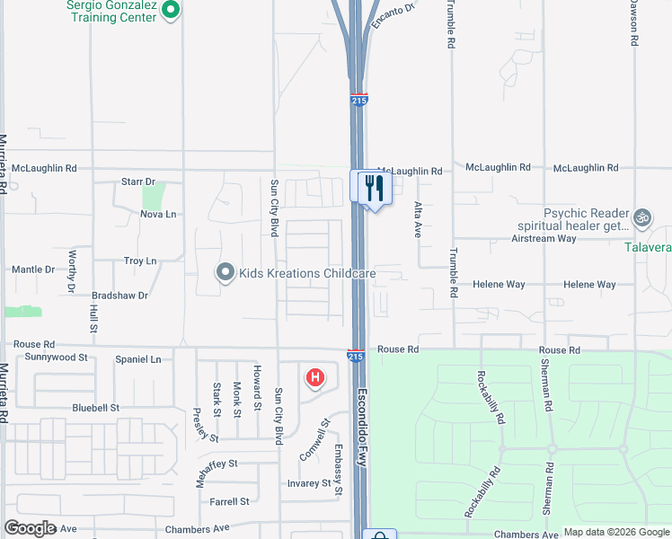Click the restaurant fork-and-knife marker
374,188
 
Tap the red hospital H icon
314,377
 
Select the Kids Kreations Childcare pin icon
225,272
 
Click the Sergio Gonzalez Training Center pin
173,11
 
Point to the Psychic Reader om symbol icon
641,216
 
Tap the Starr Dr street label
138,181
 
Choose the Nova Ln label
158,214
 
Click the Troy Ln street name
140,261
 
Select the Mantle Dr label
33,269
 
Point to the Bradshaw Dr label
119,295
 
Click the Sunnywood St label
56,357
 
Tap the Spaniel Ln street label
137,359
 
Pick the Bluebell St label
96,407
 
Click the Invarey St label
308,483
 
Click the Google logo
31,528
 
